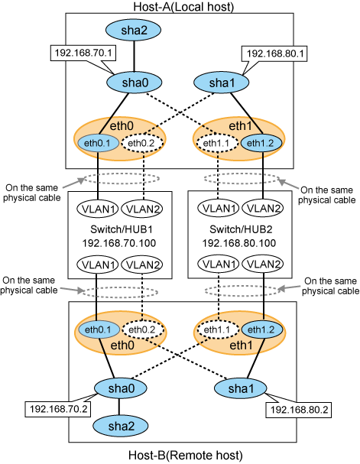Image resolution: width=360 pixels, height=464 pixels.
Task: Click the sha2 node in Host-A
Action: point(134,30)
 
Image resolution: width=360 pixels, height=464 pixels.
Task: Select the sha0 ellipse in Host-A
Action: point(135,83)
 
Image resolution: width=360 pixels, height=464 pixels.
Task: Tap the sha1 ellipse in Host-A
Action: point(221,83)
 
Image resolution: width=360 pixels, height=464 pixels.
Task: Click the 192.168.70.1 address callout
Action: point(83,53)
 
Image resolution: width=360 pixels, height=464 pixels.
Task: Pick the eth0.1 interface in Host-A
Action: point(98,143)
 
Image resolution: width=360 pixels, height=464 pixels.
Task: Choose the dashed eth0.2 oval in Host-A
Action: point(142,143)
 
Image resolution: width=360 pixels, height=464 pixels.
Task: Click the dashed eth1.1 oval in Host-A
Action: point(217,143)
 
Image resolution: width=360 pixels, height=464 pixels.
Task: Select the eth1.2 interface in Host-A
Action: point(261,143)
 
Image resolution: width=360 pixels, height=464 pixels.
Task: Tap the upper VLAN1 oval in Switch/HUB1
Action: point(98,209)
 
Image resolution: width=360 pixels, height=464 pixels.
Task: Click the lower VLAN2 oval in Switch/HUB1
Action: point(143,264)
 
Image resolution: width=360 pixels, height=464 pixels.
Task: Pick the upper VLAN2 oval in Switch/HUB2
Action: point(263,208)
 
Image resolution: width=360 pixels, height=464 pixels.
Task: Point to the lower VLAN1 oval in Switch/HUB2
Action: point(219,264)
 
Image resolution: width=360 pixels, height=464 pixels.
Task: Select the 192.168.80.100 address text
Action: point(239,243)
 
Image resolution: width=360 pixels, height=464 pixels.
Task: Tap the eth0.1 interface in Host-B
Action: point(98,329)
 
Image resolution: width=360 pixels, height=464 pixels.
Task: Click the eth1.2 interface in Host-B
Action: point(262,329)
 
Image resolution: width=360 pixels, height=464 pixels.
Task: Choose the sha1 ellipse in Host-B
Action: point(240,388)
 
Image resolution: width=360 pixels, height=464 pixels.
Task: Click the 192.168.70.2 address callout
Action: point(58,409)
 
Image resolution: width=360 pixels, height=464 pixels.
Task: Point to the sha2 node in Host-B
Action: point(121,426)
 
